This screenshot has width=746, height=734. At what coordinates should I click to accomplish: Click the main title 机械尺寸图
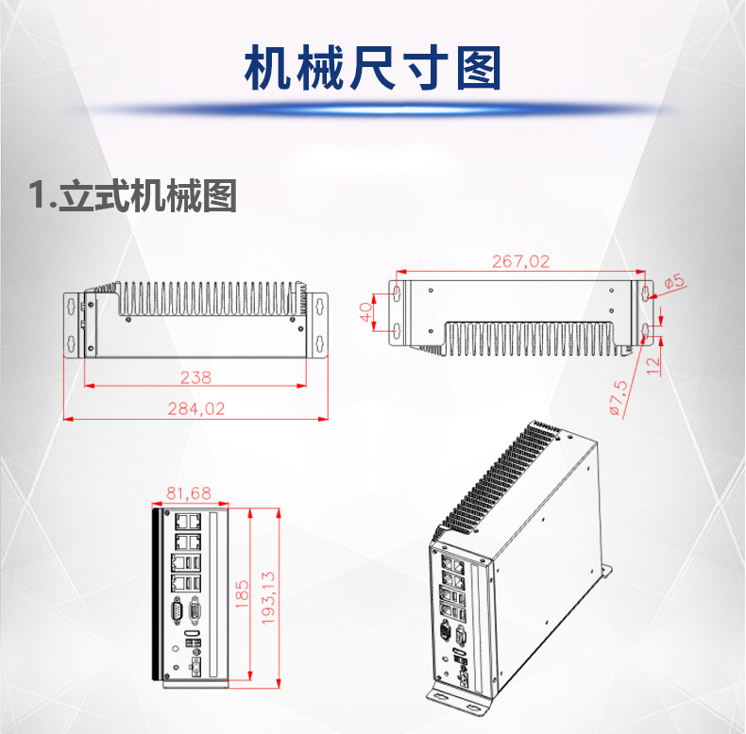pyautogui.click(x=372, y=69)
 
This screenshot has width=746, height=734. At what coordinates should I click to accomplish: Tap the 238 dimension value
pyautogui.click(x=195, y=377)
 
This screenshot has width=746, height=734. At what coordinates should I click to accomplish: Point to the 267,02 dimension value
pyautogui.click(x=520, y=261)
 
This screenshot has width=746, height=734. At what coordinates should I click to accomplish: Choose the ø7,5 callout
pyautogui.click(x=619, y=397)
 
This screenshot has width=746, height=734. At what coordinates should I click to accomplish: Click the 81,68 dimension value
pyautogui.click(x=189, y=492)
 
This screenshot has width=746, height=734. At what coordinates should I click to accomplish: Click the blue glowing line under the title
pyautogui.click(x=372, y=109)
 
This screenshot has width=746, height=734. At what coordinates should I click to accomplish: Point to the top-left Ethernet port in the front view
pyautogui.click(x=179, y=519)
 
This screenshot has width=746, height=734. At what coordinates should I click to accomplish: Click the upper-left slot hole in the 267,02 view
pyautogui.click(x=397, y=292)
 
